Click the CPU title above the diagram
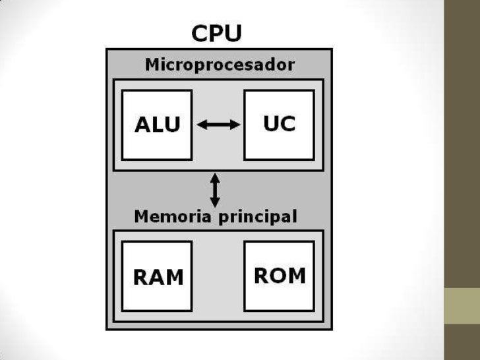216,33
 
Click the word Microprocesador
220,65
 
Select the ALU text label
157,125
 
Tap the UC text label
279,123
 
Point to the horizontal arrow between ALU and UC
219,124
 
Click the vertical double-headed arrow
216,190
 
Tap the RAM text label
158,277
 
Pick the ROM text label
280,275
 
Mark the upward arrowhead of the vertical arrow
216,177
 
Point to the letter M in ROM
297,275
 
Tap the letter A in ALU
142,125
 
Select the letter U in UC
270,123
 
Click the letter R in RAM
142,277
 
